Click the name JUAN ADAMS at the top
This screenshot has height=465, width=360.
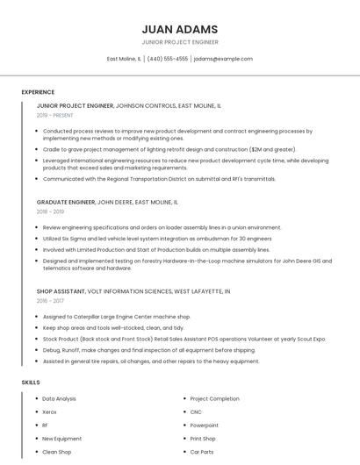(179, 29)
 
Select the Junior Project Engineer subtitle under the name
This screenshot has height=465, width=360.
(179, 42)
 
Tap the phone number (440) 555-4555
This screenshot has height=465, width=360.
(167, 59)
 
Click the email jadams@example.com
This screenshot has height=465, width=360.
(223, 59)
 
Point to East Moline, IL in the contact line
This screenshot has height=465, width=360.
(124, 59)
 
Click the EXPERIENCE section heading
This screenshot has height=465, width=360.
(38, 92)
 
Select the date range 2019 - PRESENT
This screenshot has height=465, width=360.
(54, 115)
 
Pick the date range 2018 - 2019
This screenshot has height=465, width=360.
(50, 211)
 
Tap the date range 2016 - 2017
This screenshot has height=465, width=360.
(50, 300)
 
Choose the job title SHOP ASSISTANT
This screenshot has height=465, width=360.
(61, 290)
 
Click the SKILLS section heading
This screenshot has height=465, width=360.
(31, 383)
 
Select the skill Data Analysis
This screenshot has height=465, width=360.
(59, 398)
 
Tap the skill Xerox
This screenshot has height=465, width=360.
(49, 411)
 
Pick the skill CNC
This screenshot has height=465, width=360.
(196, 411)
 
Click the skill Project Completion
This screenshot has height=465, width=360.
(214, 398)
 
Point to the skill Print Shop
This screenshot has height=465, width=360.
(203, 439)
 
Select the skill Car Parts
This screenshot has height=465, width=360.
(202, 452)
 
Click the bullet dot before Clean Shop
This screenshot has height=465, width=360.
(34, 452)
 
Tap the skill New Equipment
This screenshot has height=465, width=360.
(61, 439)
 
